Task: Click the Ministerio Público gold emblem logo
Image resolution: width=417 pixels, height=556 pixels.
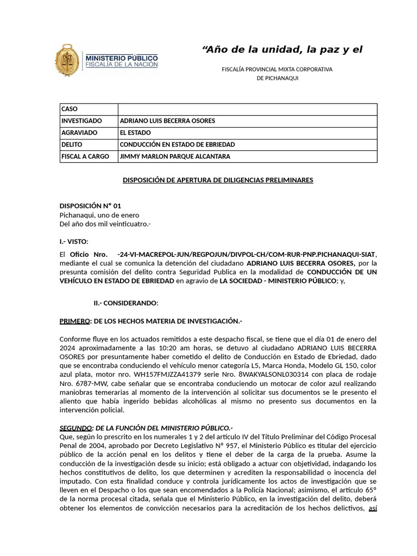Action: click(68, 60)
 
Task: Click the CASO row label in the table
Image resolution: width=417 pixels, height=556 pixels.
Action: click(70, 109)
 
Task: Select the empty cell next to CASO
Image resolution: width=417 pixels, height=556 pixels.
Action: click(247, 109)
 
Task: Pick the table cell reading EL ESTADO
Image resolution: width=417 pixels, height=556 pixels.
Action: click(135, 133)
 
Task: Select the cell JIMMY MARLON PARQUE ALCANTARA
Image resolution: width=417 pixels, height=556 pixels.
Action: click(167, 157)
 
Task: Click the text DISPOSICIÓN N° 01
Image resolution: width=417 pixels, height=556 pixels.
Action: click(90, 206)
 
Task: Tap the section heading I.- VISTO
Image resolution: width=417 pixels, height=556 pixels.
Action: click(73, 242)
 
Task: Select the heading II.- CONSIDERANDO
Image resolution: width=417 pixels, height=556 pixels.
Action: click(126, 303)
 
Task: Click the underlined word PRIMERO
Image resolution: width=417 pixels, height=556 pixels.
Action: click(74, 321)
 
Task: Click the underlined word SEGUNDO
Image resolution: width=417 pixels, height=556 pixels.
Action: click(75, 428)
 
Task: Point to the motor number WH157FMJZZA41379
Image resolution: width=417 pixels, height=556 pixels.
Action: click(162, 374)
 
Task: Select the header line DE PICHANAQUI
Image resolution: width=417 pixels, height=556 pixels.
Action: click(277, 78)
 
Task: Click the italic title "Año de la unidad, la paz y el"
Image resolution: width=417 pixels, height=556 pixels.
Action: click(282, 50)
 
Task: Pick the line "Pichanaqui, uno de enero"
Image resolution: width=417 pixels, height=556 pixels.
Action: click(99, 215)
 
